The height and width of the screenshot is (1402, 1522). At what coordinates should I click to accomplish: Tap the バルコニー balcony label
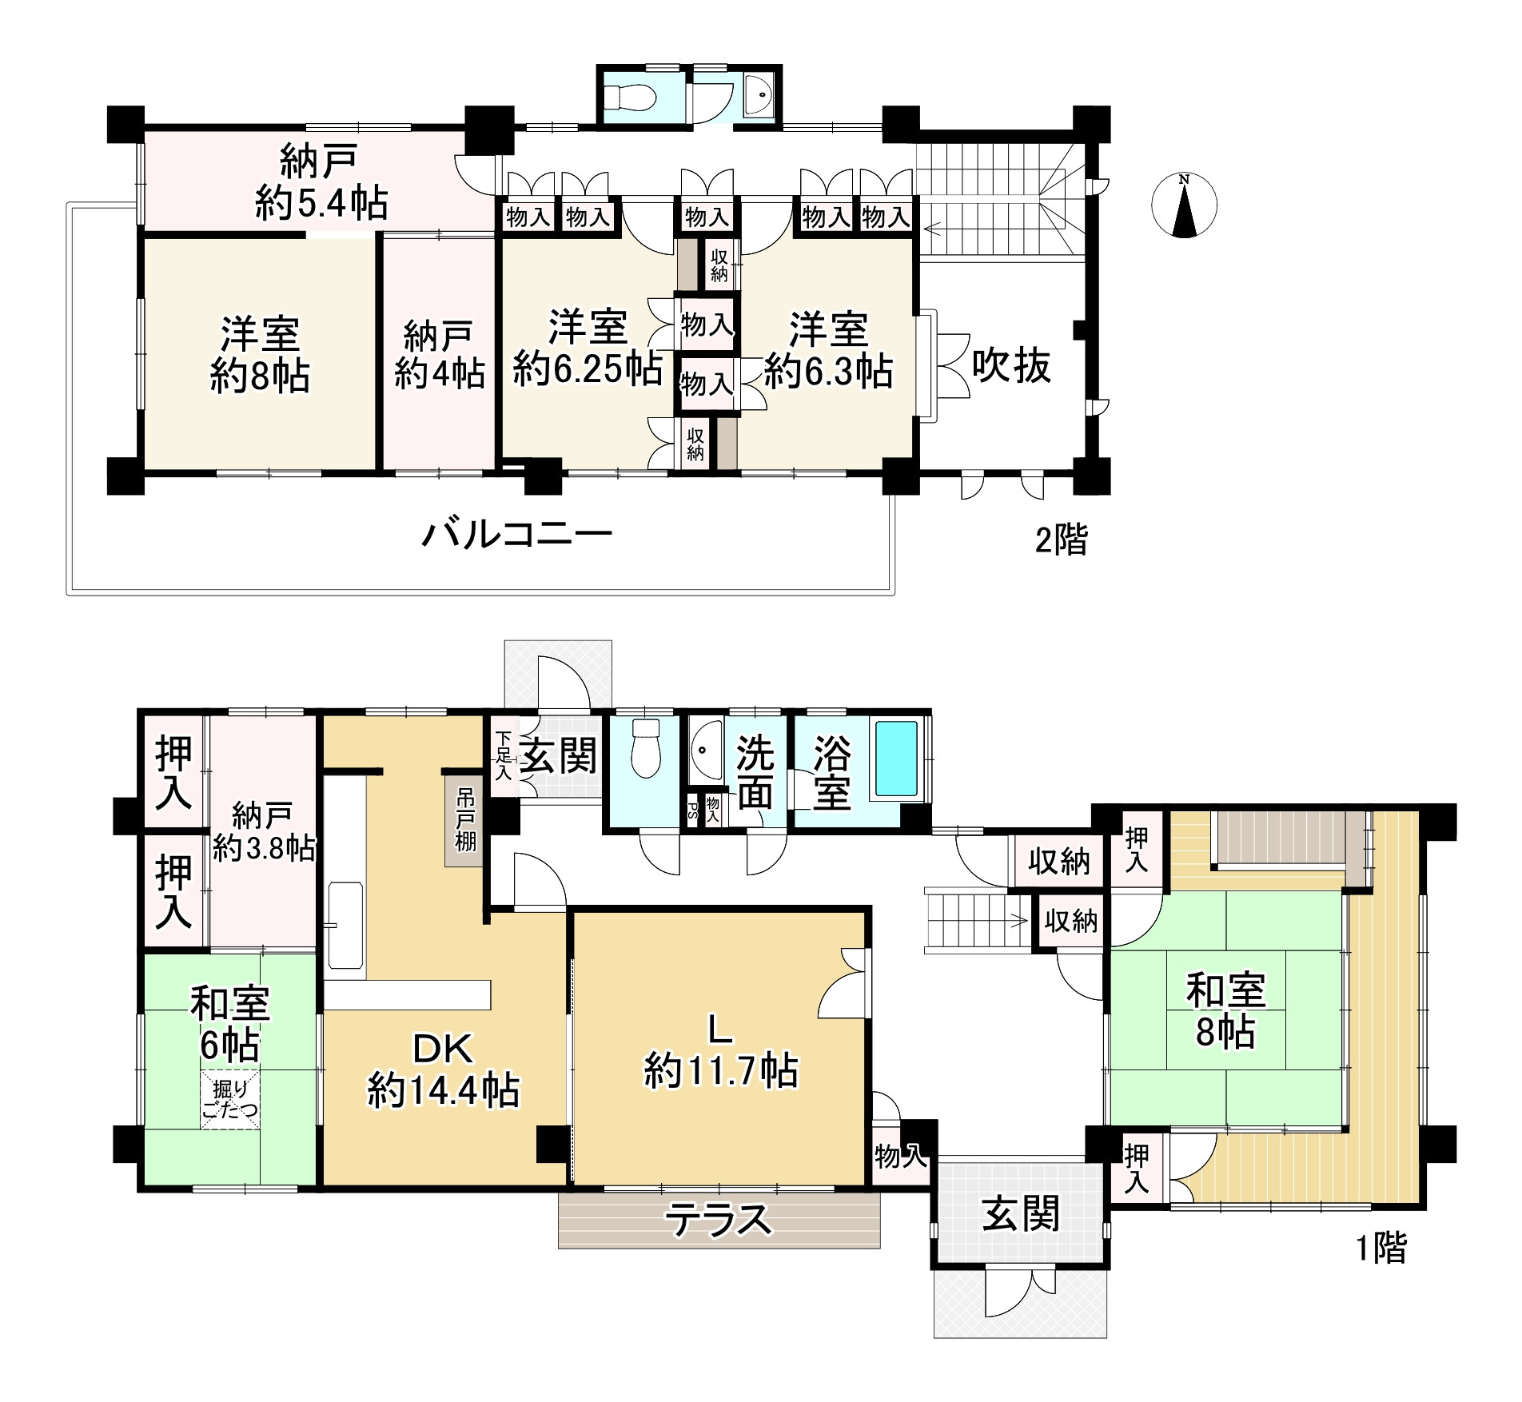517,534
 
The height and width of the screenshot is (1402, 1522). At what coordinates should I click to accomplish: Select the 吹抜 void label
1011,367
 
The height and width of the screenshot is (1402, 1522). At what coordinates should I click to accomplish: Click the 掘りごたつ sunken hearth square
229,1100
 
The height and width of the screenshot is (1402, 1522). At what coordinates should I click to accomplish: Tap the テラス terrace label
719,1221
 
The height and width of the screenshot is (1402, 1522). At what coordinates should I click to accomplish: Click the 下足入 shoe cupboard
502,755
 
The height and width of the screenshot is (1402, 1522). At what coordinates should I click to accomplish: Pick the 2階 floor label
1062,541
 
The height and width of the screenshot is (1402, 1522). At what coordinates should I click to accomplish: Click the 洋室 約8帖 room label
261,355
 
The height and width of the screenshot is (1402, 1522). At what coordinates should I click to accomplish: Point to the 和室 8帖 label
1225,1010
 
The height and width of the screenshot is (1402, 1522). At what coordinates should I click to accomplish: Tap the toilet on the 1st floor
644,748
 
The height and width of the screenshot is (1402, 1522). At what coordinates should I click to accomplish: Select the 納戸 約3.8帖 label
263,833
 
